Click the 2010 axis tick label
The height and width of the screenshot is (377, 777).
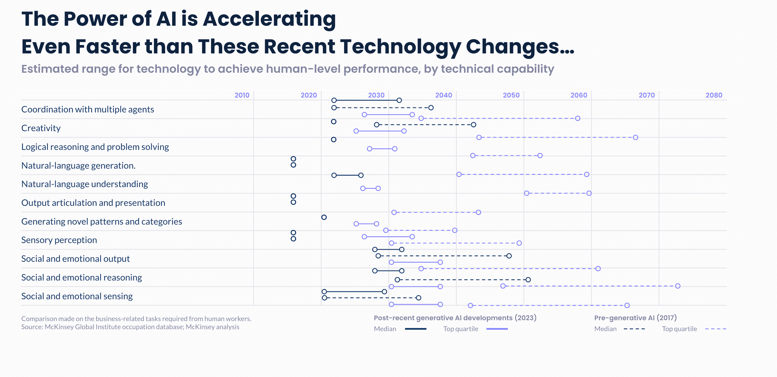(x=242, y=95)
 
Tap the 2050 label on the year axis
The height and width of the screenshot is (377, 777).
(x=511, y=95)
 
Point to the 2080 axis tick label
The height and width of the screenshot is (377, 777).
(x=714, y=95)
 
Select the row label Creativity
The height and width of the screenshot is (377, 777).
(x=41, y=128)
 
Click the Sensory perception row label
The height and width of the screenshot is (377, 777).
(x=59, y=240)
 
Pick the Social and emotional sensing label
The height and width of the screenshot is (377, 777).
(x=77, y=296)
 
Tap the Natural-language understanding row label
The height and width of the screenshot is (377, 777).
(x=85, y=184)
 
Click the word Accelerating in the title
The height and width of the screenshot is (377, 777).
(x=269, y=19)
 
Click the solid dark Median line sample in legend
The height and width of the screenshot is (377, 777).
(x=415, y=329)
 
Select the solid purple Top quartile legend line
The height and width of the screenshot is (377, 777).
(x=497, y=329)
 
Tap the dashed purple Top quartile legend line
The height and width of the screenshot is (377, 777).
(x=715, y=329)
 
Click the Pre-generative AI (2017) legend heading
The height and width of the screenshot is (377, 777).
(x=635, y=318)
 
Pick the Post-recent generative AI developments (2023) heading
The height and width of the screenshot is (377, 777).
(x=455, y=318)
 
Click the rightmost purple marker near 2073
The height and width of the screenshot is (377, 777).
(x=677, y=286)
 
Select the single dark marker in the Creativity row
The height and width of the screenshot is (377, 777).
(x=333, y=121)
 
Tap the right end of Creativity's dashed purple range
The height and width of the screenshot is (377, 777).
(x=635, y=137)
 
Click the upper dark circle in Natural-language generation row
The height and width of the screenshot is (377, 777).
(x=293, y=159)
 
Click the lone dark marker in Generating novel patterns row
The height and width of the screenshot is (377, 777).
(x=324, y=217)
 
